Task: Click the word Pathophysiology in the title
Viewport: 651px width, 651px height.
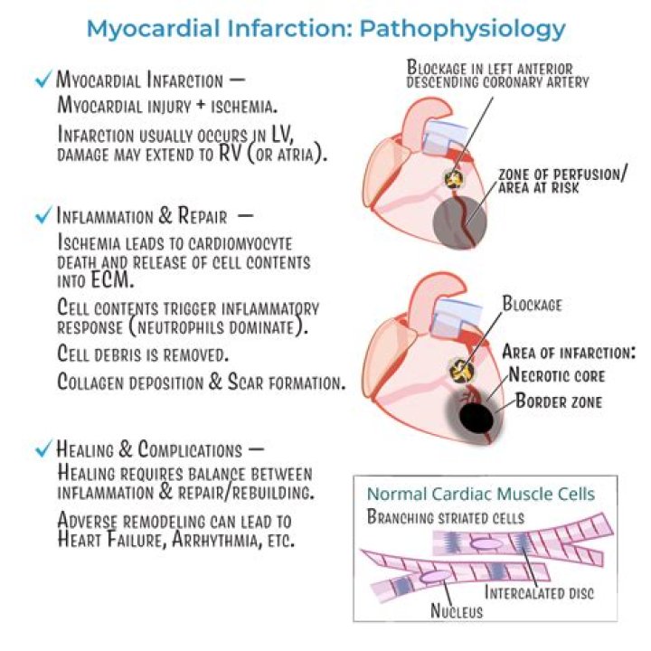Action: (x=462, y=29)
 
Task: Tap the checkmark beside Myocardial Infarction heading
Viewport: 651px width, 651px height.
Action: (x=43, y=79)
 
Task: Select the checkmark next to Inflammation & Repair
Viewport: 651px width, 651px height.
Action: (x=43, y=214)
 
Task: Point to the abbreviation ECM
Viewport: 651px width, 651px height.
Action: (x=112, y=279)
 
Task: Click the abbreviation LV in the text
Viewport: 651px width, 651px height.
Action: (x=282, y=134)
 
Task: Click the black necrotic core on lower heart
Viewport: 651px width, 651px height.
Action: (x=476, y=418)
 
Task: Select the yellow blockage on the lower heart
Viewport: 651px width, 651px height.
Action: (x=461, y=371)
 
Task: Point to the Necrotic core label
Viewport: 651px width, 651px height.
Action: (x=557, y=375)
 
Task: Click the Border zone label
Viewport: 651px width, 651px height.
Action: (x=559, y=401)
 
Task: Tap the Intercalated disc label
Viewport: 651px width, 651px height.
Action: (x=539, y=592)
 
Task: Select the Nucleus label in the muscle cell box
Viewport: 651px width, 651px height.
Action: (x=457, y=610)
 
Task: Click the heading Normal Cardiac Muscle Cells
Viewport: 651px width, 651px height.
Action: (x=481, y=494)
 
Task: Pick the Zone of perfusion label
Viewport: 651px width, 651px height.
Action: (x=562, y=181)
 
